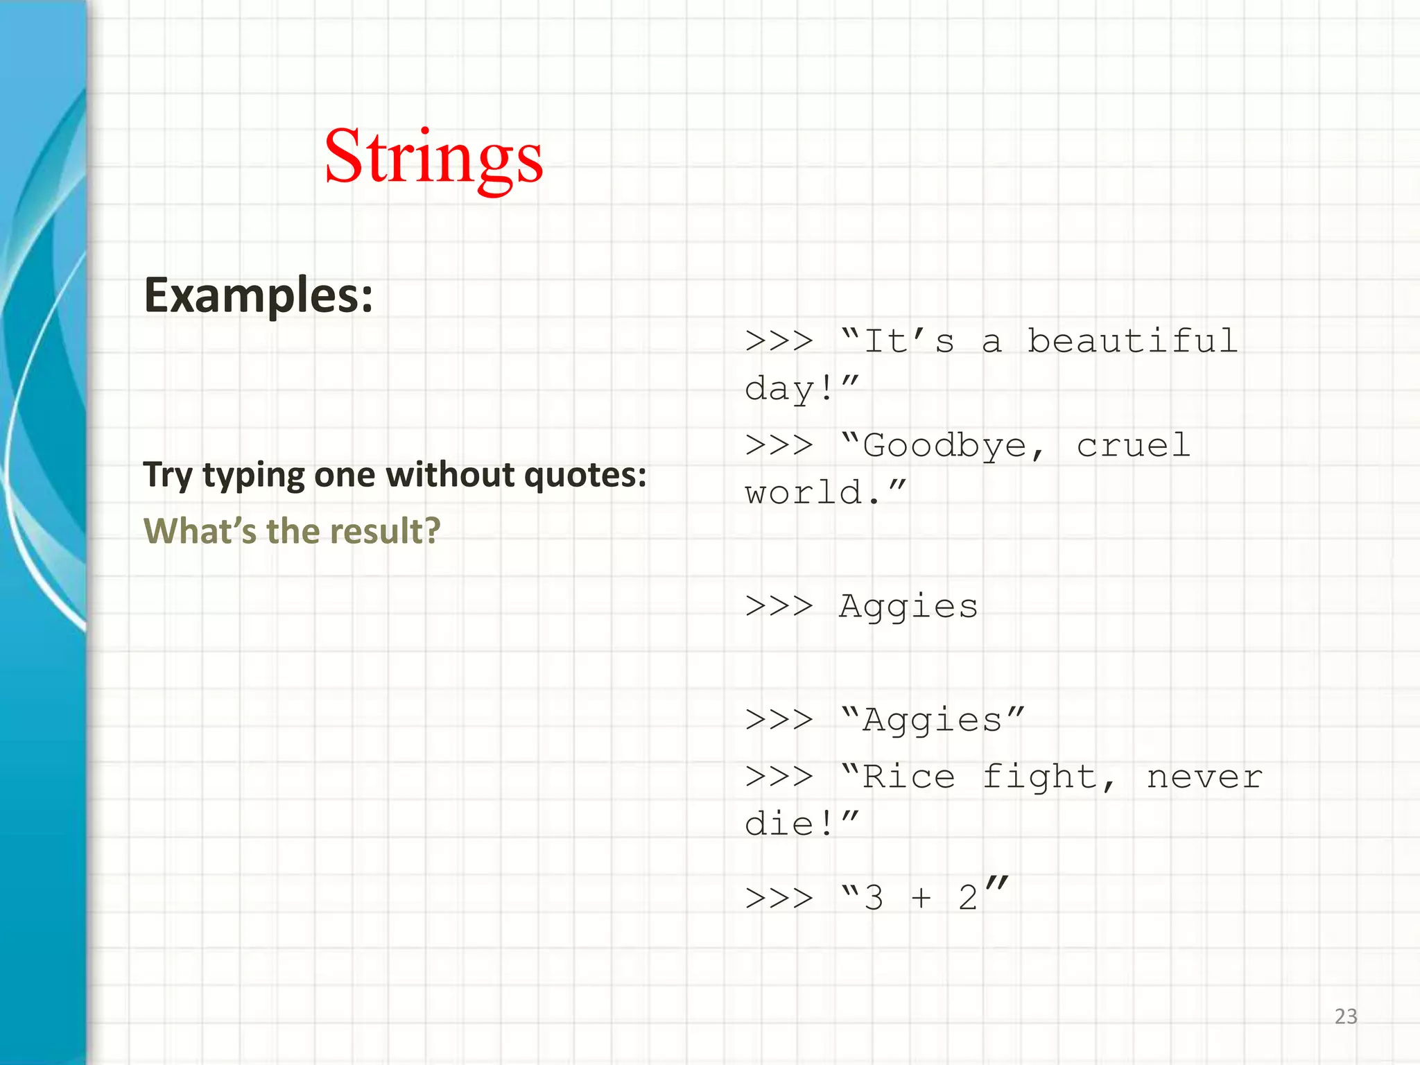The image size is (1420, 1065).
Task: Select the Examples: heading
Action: click(x=258, y=296)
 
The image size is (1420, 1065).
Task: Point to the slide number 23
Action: click(x=1346, y=1016)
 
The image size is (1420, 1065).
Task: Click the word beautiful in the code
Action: click(x=1132, y=341)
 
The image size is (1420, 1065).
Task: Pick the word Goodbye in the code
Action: click(x=944, y=446)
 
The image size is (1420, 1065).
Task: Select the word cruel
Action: click(x=1133, y=446)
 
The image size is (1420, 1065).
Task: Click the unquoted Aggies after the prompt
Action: click(x=908, y=607)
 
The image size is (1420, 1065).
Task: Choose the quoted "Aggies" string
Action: click(x=932, y=720)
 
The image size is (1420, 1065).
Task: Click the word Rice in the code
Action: click(x=908, y=777)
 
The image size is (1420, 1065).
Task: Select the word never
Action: click(x=1204, y=777)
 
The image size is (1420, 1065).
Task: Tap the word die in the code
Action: click(x=779, y=824)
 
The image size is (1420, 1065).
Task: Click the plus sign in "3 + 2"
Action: click(x=921, y=898)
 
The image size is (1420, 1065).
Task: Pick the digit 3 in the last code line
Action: click(x=874, y=898)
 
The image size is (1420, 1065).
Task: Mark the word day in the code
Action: click(x=779, y=390)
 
